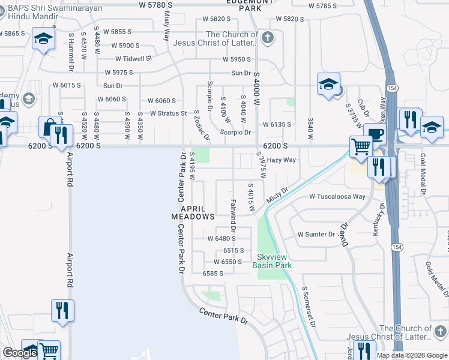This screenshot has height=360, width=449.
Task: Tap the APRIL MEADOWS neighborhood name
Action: click(x=193, y=212)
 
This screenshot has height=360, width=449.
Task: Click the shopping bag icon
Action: click(x=47, y=127)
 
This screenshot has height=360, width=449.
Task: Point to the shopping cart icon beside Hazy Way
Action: click(x=360, y=145)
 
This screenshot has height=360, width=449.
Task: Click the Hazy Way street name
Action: click(x=282, y=160)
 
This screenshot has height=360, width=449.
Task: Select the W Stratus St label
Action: click(x=172, y=113)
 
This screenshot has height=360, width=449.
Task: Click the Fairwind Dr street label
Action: click(x=233, y=213)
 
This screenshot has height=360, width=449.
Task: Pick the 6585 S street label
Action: click(x=212, y=273)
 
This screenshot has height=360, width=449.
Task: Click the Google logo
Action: click(x=20, y=353)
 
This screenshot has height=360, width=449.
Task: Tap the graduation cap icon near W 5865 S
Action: click(x=44, y=40)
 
